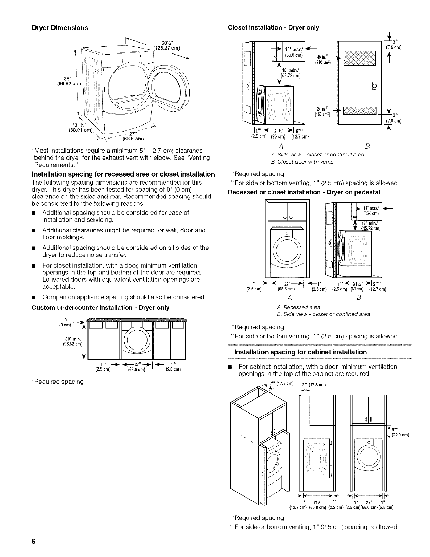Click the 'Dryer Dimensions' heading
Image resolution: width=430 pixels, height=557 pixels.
tap(60, 27)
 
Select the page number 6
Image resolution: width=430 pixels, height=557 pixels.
tap(33, 541)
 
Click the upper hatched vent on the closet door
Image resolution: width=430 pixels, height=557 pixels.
tap(359, 58)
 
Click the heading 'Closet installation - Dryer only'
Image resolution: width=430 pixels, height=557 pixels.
tap(273, 27)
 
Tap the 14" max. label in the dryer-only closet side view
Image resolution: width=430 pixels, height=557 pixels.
tap(294, 51)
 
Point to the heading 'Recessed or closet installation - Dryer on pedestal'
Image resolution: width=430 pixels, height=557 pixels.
tap(304, 192)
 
